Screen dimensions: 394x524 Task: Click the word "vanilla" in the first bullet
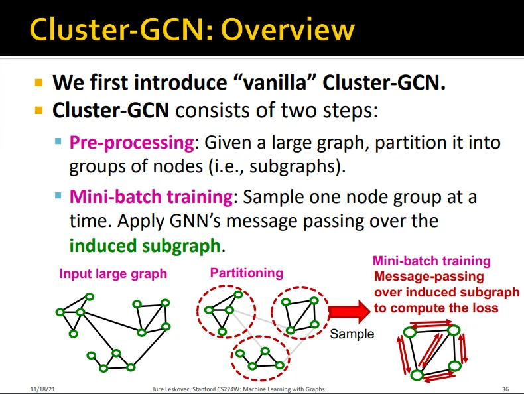tap(253, 83)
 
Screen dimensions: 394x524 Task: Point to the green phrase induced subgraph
tap(145, 246)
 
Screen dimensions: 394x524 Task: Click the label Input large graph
tap(113, 273)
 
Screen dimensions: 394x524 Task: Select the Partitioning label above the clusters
tap(246, 273)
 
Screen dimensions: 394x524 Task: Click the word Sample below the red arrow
tap(352, 334)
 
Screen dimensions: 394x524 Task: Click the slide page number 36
tap(506, 388)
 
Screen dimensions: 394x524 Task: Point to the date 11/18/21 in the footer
tap(42, 388)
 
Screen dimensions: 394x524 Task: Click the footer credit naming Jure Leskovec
tap(239, 388)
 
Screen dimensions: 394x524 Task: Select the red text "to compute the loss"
tap(436, 308)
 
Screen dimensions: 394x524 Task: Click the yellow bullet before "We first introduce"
tap(38, 84)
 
